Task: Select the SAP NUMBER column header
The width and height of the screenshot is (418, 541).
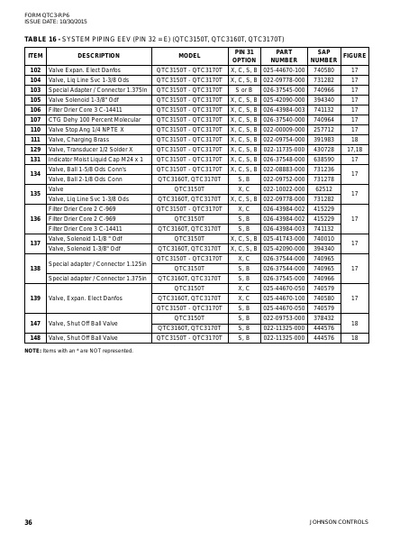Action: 323,56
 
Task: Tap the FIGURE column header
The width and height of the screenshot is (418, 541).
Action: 354,56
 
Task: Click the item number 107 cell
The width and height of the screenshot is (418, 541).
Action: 35,119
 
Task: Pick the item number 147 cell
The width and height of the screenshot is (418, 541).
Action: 35,323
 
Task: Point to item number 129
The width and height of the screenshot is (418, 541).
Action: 35,150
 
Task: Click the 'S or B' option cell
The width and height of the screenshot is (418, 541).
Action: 244,90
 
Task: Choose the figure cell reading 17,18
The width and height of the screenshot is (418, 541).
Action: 354,150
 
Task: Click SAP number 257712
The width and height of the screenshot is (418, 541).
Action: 323,130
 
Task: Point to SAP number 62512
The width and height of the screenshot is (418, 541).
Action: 323,189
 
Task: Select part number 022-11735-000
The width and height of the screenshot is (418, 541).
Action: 284,150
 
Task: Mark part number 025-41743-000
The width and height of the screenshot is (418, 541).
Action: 284,239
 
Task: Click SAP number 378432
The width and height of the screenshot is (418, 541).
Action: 323,317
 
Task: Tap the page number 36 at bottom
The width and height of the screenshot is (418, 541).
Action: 29,522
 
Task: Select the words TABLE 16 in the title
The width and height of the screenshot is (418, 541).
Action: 41,39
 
